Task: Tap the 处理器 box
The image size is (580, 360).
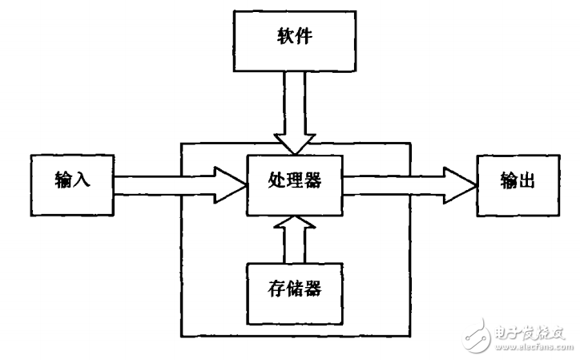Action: (295, 184)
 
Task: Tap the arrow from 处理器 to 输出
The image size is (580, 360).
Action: (409, 182)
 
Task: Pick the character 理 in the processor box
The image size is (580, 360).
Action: (295, 181)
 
